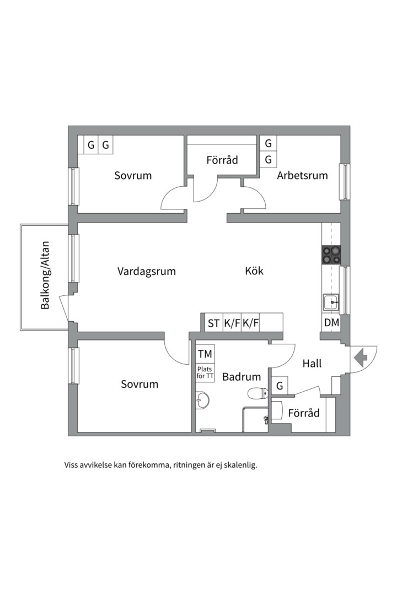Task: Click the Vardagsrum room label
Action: coord(146,271)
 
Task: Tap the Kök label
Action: coord(254,271)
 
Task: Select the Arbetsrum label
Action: coord(302,176)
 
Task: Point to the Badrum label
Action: coord(241,377)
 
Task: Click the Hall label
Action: coord(312,364)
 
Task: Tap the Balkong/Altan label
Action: coord(45,275)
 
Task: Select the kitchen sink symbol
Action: coord(331,302)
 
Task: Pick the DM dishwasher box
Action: coord(331,323)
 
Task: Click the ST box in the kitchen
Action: coord(213,323)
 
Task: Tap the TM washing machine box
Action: coord(205,353)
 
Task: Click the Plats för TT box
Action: coord(205,373)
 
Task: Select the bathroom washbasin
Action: coord(203,399)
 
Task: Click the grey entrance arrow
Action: coord(361,358)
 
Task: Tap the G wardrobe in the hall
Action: coord(280,386)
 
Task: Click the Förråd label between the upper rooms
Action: coord(222,160)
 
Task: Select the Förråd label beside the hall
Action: coord(304,413)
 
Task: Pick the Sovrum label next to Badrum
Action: coord(140,385)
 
